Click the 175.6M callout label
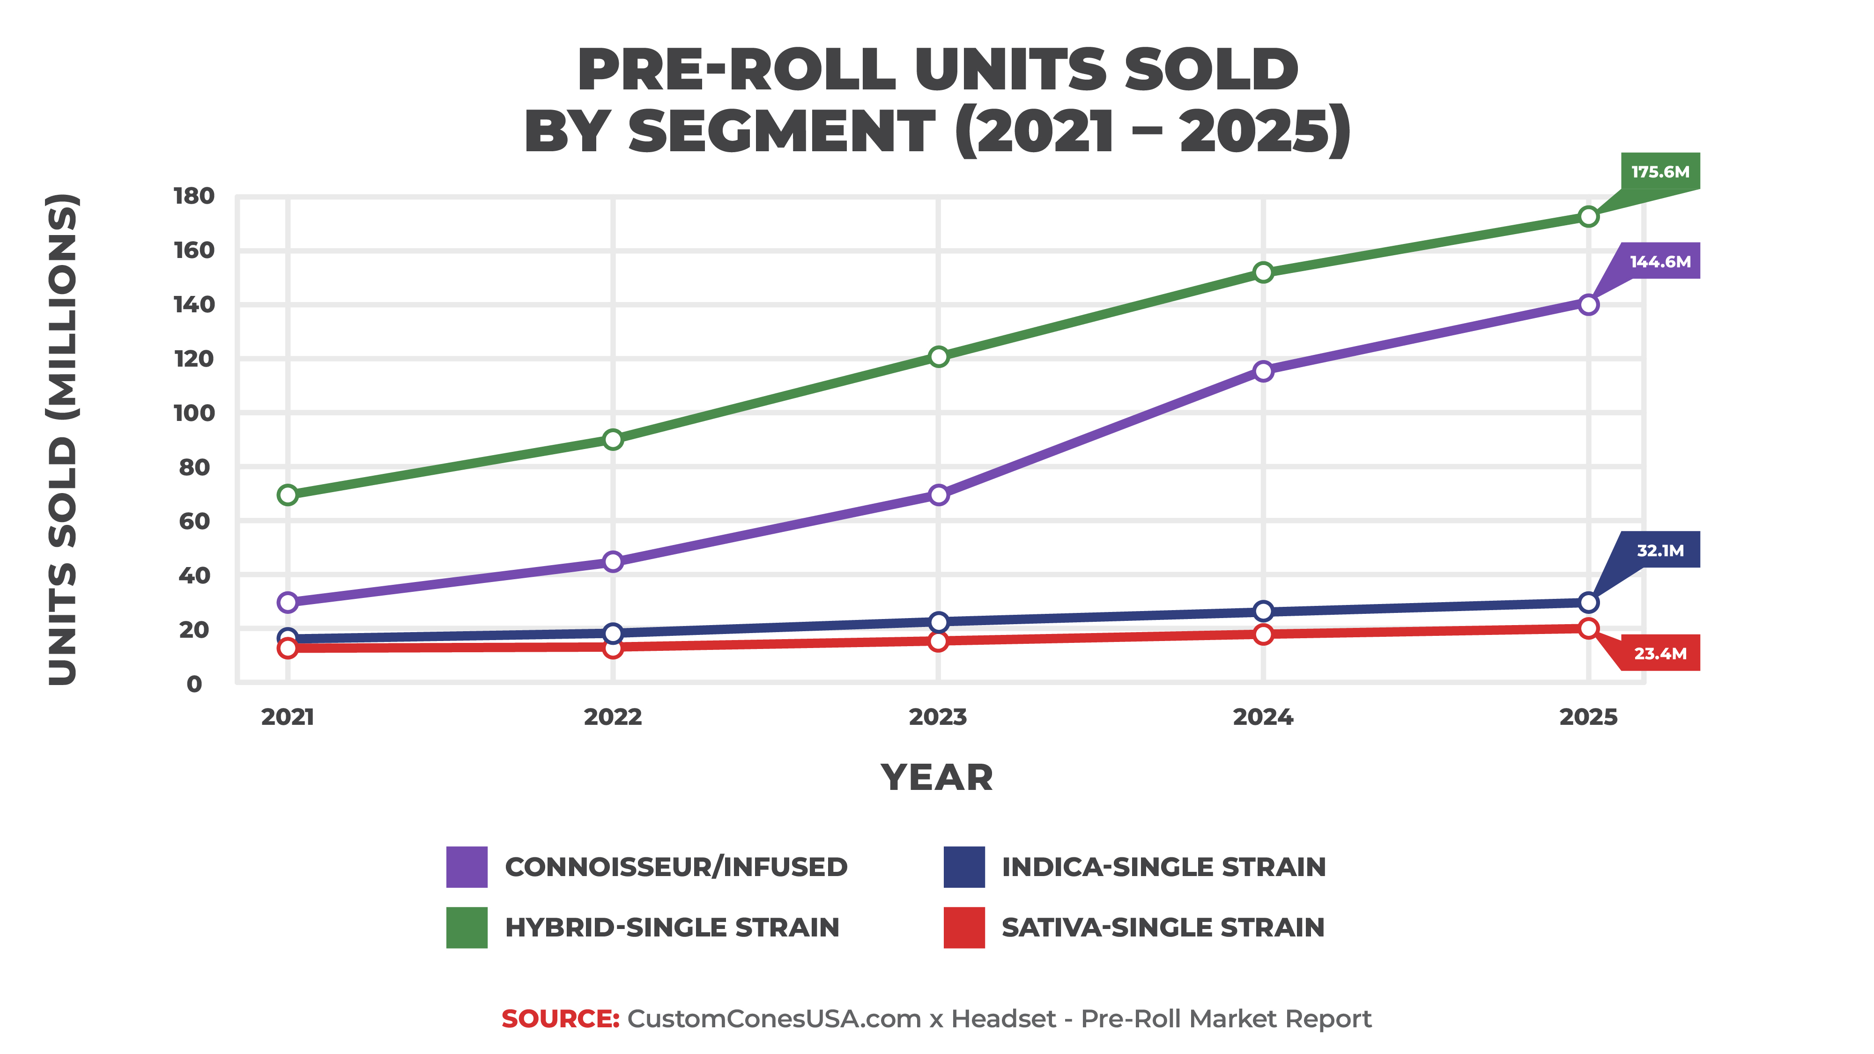pos(1659,172)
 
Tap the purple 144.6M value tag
pos(1659,261)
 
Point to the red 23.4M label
pos(1659,653)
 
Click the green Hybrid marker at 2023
pos(939,356)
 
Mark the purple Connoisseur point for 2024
pos(1264,371)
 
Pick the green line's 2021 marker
pos(288,494)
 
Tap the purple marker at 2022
pos(613,561)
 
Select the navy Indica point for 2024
pos(1264,611)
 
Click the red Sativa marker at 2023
pos(939,641)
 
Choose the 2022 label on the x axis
pos(613,717)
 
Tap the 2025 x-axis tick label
pos(1588,717)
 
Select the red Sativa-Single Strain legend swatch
pos(964,928)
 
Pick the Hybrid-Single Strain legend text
pos(672,928)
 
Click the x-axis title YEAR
pos(937,778)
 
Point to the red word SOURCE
pos(560,1019)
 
